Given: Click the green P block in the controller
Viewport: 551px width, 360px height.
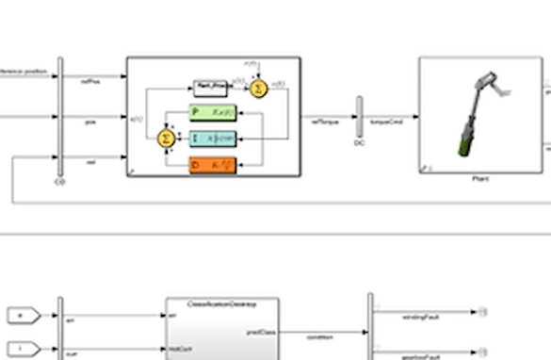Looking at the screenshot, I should [213, 113].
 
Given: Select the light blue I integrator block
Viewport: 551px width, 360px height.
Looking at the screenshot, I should [213, 139].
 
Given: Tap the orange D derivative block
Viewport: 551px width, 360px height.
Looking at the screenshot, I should [213, 166].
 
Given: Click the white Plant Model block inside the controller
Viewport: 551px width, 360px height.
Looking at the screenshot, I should [212, 88].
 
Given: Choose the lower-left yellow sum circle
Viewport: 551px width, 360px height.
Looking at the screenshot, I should [166, 139].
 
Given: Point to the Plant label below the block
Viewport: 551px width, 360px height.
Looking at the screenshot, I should [479, 178].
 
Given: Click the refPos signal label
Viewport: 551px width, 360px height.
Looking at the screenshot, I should [90, 82].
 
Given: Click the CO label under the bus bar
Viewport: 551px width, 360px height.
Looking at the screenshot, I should [61, 182].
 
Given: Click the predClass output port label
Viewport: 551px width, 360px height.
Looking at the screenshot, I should [260, 332].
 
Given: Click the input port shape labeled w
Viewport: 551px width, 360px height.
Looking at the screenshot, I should [21, 314].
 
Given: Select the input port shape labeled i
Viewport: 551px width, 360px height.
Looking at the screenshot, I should [21, 347].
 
